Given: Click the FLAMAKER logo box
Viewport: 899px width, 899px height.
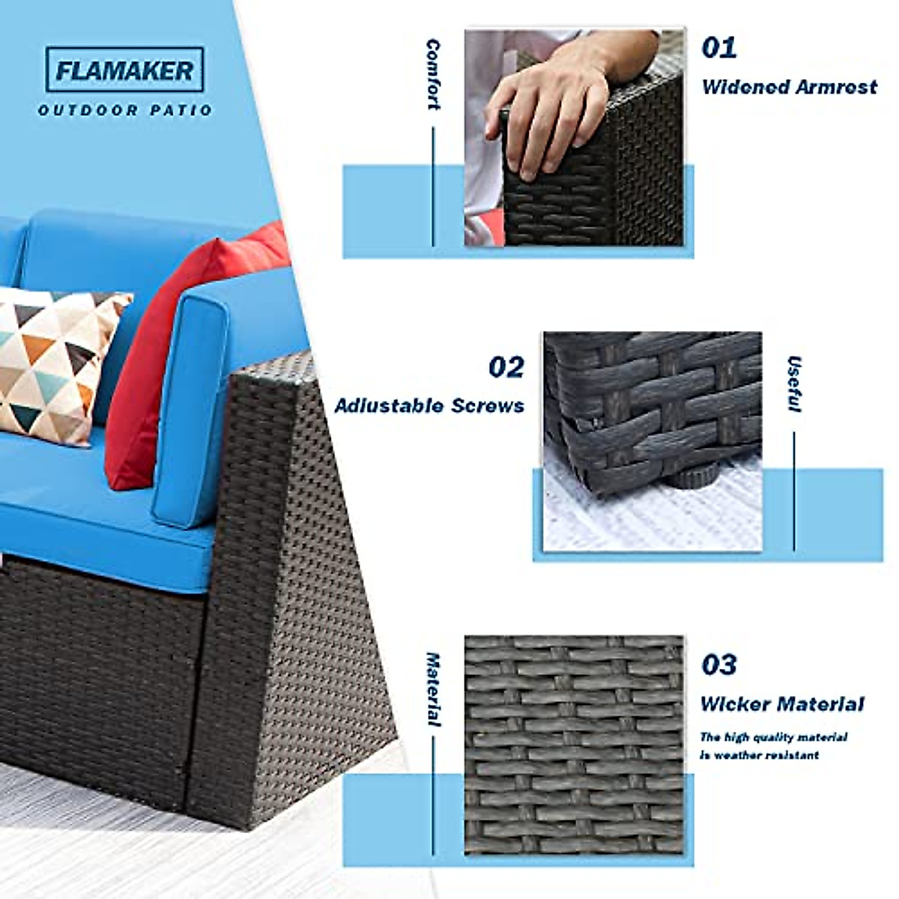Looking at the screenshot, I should point(124,70).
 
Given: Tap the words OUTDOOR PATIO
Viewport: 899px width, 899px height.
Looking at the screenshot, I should point(125,111).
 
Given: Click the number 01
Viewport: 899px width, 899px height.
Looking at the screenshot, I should point(719,48).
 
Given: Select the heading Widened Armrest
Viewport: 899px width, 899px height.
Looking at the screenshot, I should point(789,87).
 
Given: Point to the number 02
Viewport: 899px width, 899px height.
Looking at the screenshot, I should point(506,367).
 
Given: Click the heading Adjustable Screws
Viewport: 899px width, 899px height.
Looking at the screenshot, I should point(429,406).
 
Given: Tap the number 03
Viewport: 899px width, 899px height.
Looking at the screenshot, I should point(719,665).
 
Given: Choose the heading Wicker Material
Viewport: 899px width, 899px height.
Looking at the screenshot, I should point(782,704).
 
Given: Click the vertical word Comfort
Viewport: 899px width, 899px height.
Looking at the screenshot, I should point(433,75).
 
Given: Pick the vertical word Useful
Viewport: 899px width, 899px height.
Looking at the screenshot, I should point(794,384).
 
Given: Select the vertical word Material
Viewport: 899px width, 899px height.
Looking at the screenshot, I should point(433,689).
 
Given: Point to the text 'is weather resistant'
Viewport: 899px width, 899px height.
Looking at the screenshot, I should point(760,755).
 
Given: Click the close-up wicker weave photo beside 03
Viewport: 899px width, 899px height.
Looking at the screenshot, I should point(574,745).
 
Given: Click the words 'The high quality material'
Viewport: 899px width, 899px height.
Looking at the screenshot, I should point(774,737).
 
